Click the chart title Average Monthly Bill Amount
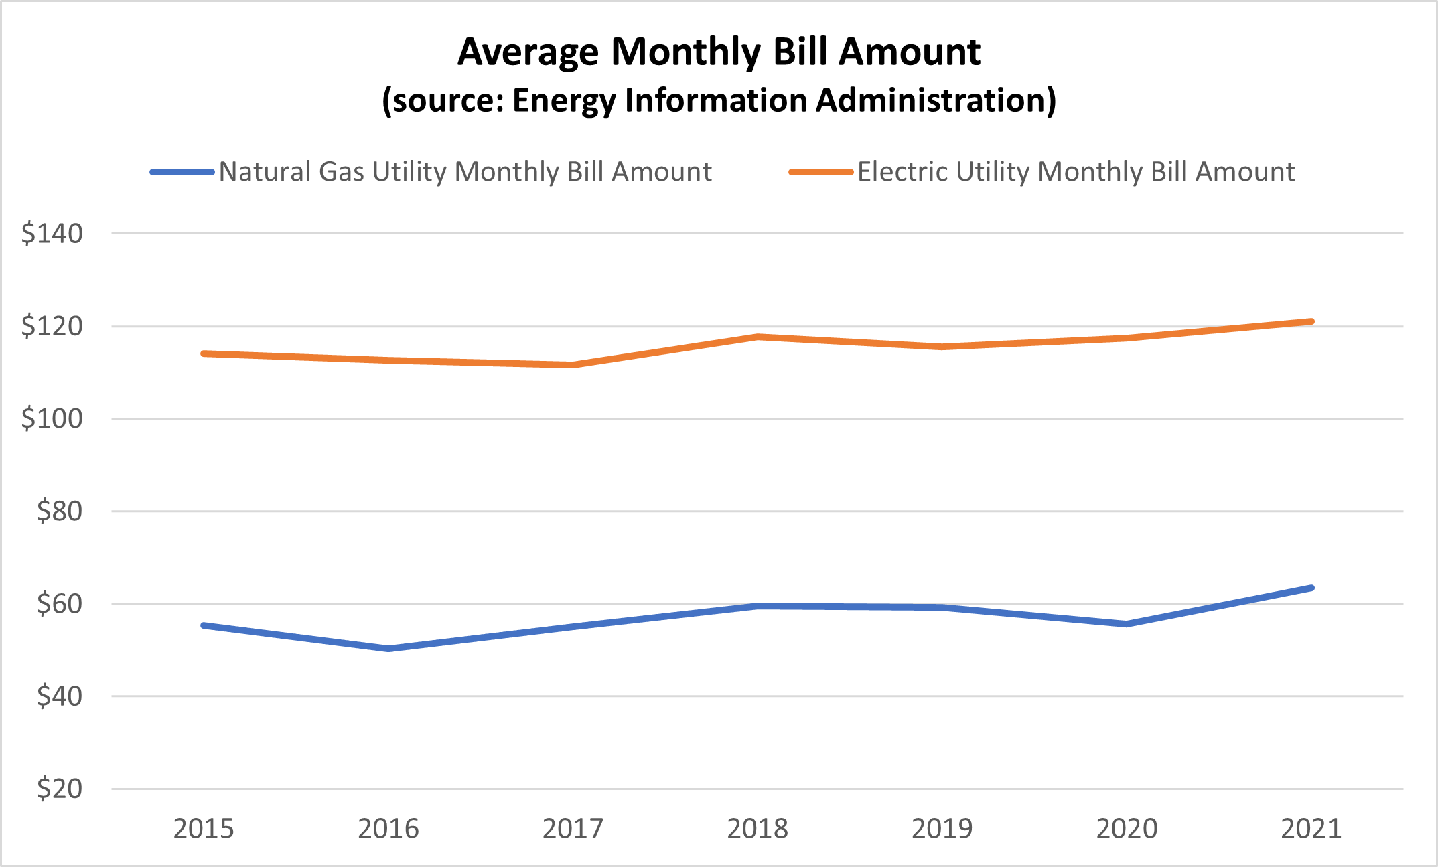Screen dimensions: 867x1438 pos(719,52)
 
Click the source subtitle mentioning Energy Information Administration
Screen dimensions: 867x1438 pos(719,100)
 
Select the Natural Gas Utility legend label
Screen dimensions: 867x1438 pos(465,172)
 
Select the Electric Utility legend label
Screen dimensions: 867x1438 pos(1076,172)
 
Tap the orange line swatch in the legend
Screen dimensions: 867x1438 pos(820,172)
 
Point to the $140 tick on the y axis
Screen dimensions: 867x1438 pos(52,234)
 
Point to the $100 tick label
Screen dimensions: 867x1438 pos(52,418)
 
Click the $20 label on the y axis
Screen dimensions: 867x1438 pos(60,789)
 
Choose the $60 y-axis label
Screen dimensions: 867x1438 pos(60,604)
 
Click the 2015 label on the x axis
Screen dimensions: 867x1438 pos(204,829)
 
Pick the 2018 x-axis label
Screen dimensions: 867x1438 pos(758,829)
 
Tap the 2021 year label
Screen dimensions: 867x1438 pos(1311,829)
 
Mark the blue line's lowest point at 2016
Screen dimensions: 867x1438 pos(388,649)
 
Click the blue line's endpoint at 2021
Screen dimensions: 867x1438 pos(1311,588)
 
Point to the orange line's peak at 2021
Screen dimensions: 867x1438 pos(1311,321)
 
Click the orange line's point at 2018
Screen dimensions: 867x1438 pos(758,337)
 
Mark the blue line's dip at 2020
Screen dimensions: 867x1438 pos(1127,624)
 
